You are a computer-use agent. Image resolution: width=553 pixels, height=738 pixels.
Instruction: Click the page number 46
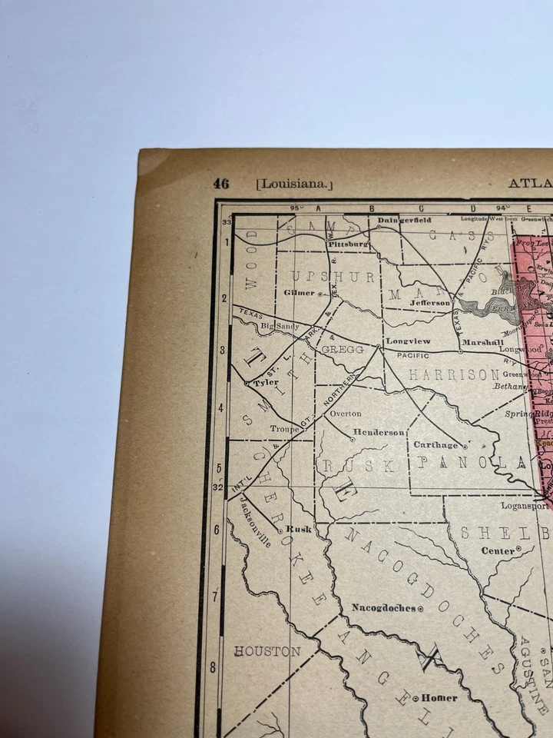coord(221,184)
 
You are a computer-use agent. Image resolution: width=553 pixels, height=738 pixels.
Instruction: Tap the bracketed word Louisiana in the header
coord(295,184)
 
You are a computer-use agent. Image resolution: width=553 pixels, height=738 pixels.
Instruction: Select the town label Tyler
coord(266,382)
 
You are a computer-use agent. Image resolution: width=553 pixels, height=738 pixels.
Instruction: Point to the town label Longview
coord(408,341)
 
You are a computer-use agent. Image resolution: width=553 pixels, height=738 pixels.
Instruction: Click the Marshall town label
coord(482,342)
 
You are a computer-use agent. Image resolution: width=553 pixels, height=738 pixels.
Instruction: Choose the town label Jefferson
coord(431,303)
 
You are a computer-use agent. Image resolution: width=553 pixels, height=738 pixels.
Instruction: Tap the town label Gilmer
coord(300,293)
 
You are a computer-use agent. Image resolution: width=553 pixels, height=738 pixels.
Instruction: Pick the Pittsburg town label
coord(349,244)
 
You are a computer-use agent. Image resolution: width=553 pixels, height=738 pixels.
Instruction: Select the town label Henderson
coord(379,432)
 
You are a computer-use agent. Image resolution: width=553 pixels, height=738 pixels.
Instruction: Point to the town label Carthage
coord(436,444)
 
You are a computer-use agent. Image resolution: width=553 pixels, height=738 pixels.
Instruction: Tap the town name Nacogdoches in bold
coord(384,607)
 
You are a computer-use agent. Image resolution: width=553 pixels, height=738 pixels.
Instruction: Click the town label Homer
coord(439,698)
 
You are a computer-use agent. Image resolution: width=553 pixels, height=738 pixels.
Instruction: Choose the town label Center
coord(498,550)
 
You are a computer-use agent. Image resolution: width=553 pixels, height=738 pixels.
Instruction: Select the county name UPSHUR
coord(333,276)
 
